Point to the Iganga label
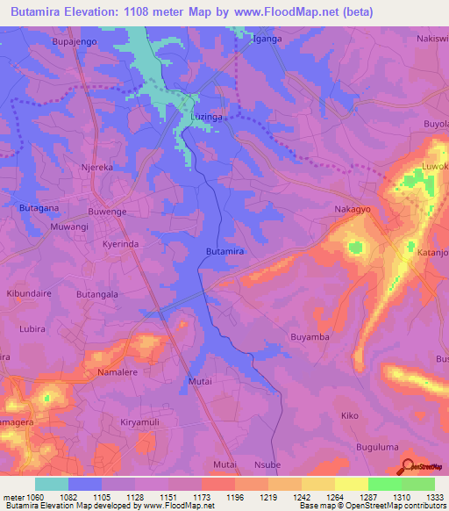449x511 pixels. point(267,40)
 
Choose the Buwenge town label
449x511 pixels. point(108,212)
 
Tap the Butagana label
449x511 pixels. point(39,208)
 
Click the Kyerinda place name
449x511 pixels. point(121,244)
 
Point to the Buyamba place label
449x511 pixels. point(310,336)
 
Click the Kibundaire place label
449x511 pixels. point(29,293)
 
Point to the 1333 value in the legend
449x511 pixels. point(434,497)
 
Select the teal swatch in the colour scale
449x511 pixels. point(52,484)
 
